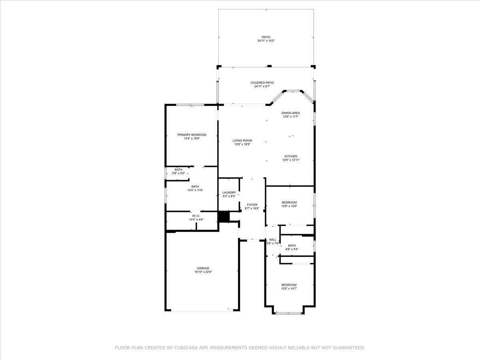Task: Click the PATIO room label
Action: (266, 37)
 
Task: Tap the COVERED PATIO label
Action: (262, 83)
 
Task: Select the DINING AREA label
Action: (290, 113)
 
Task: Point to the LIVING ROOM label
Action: (242, 140)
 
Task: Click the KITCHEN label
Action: (291, 156)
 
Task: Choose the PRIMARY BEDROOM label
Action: (192, 135)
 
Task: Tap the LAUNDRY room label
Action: (229, 192)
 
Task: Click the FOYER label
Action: (252, 205)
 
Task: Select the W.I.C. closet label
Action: (196, 216)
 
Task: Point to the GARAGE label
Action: (203, 268)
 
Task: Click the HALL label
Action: (272, 240)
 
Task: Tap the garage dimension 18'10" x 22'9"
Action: (203, 272)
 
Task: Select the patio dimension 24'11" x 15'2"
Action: (266, 41)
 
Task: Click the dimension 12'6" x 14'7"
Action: (289, 288)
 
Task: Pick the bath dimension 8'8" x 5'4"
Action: (292, 249)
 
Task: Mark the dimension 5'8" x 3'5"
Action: (178, 173)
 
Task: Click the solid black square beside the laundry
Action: (224, 217)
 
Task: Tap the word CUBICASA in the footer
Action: (185, 348)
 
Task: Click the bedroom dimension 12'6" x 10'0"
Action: (289, 206)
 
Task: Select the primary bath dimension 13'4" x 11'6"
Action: (195, 190)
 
